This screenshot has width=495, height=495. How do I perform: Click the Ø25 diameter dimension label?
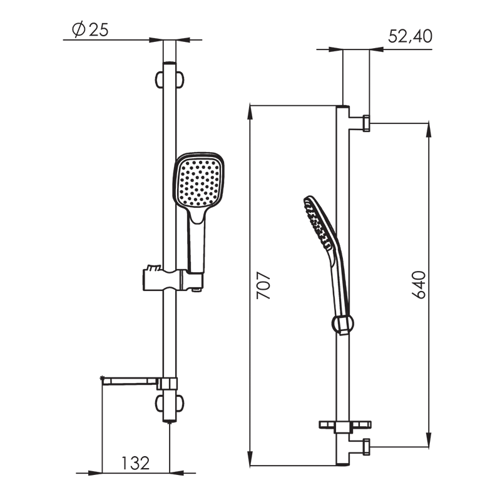pos(90,29)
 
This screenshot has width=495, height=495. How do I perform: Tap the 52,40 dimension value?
pos(410,36)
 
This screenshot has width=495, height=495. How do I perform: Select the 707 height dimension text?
pos(263,285)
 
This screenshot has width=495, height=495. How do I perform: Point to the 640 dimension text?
pos(419,285)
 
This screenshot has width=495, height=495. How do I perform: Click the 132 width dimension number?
pos(135,463)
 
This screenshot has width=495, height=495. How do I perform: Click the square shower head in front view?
pos(198,180)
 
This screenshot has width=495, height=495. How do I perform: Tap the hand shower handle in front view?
pos(196,240)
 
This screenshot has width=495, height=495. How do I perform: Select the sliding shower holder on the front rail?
pos(173,279)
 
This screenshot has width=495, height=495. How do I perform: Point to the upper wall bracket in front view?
pos(170,79)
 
